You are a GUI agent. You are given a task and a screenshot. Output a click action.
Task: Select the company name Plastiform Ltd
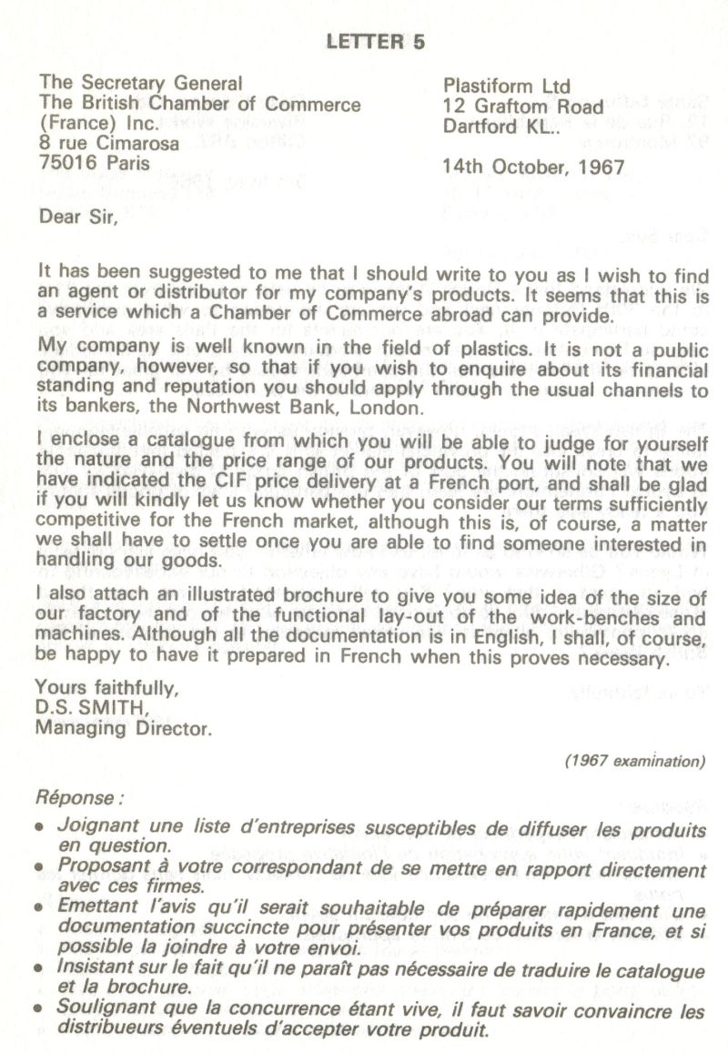click(x=507, y=86)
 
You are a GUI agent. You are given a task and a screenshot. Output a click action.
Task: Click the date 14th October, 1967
click(x=532, y=167)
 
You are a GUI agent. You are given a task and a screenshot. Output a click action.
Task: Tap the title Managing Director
click(x=121, y=727)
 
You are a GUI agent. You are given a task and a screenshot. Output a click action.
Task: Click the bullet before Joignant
click(x=39, y=828)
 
